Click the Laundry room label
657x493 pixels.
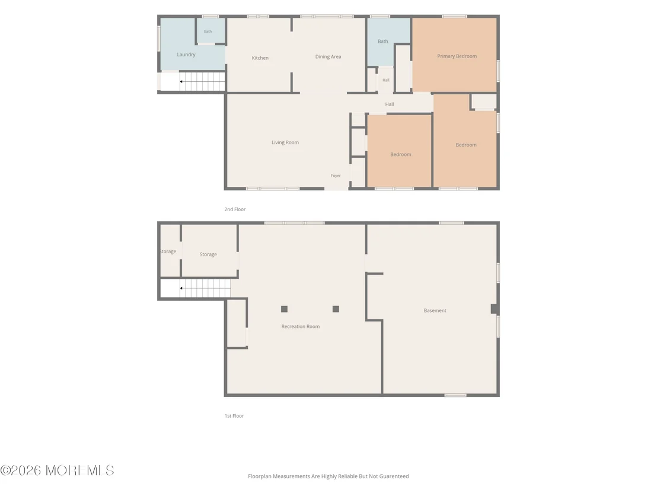(186, 55)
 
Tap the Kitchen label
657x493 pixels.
(260, 58)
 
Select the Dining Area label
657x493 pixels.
(328, 56)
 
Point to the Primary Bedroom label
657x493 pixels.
(457, 56)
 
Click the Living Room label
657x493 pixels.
(285, 142)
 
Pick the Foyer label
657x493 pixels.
(336, 176)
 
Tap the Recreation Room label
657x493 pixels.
(301, 326)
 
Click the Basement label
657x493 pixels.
(435, 311)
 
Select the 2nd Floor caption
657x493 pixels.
(235, 209)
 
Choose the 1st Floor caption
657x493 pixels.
(234, 416)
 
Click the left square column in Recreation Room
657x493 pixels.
(284, 309)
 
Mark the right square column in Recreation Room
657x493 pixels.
(336, 309)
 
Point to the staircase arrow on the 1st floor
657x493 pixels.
(205, 288)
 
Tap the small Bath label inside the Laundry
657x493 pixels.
(208, 31)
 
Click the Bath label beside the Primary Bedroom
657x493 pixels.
(383, 42)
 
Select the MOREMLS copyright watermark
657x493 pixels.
(58, 470)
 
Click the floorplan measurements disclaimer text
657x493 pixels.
(328, 476)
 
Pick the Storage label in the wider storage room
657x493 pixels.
(208, 255)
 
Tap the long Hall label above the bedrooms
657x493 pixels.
(390, 104)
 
